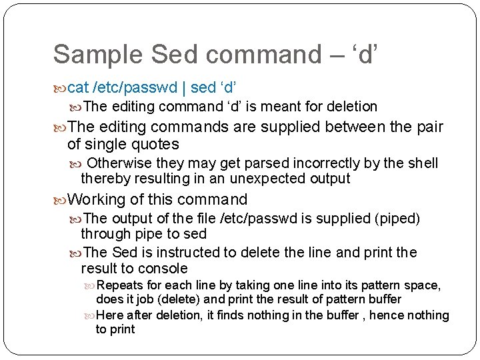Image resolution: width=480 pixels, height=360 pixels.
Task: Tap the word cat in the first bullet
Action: (79, 87)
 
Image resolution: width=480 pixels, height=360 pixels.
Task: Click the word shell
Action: (422, 163)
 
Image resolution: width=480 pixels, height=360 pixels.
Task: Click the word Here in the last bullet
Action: (109, 315)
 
